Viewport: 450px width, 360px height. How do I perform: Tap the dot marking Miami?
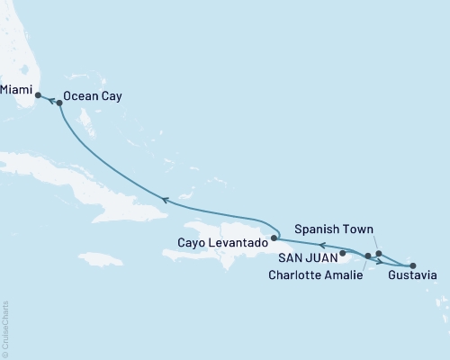[x=38, y=94]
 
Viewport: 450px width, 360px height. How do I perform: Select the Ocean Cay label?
[x=93, y=94]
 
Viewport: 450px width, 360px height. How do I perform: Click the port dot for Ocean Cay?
[x=59, y=103]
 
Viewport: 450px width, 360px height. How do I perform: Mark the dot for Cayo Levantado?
[x=275, y=239]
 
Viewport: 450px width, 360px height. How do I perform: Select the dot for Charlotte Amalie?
[x=368, y=256]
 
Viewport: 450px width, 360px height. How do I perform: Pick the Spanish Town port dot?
[x=379, y=254]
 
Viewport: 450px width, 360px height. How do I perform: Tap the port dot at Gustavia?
[x=413, y=265]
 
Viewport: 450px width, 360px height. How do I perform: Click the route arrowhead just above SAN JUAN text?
[x=319, y=244]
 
